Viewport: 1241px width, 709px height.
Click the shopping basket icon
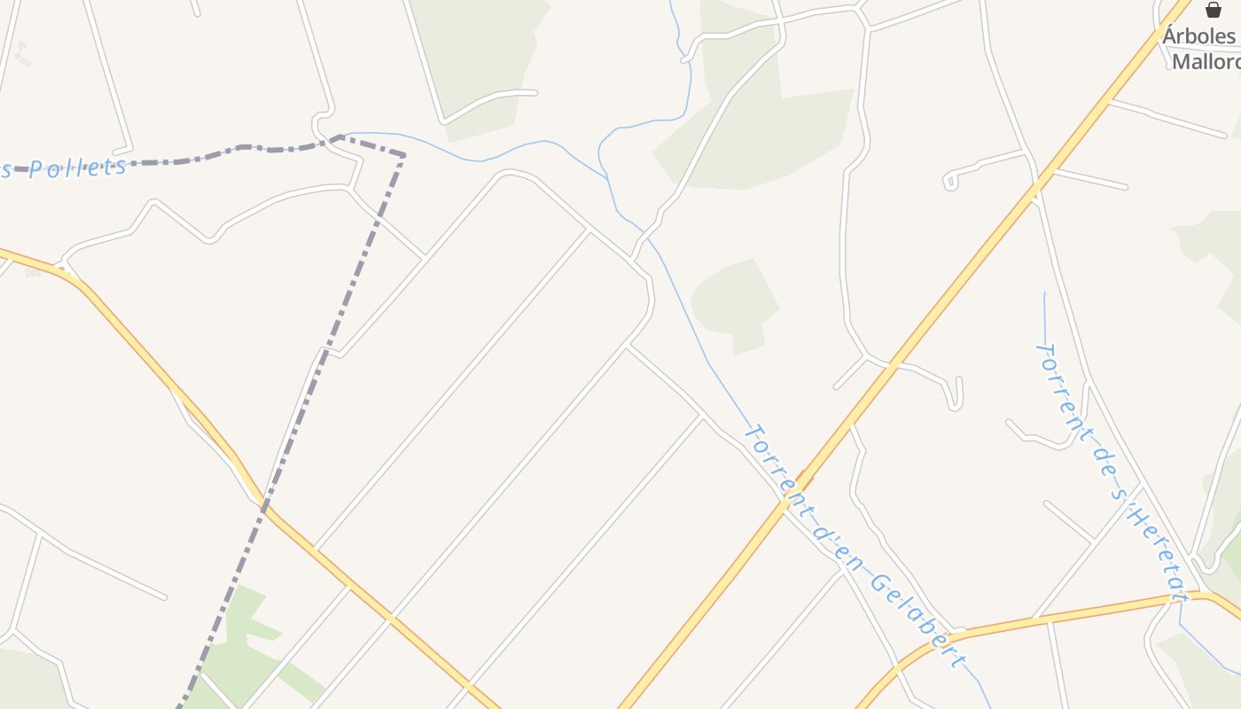click(1213, 10)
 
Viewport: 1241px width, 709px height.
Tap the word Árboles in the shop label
click(1199, 35)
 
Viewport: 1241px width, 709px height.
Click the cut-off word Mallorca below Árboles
click(1206, 61)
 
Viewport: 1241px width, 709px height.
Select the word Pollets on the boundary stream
click(78, 166)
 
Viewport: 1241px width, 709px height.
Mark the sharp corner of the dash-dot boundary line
click(405, 156)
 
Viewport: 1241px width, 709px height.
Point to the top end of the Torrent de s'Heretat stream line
click(1044, 292)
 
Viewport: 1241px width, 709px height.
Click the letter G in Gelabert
click(878, 584)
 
